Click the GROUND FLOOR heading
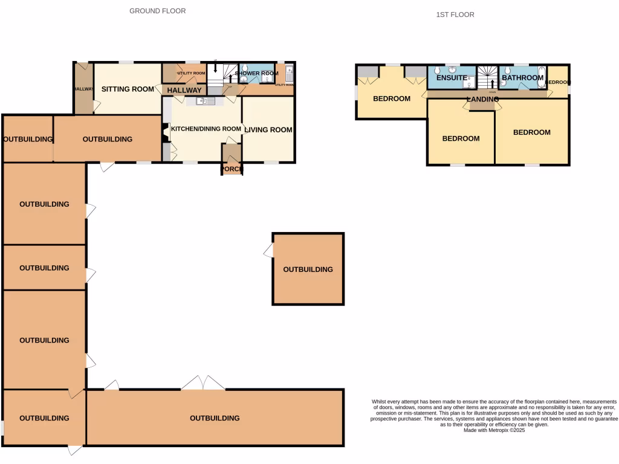[x=157, y=11]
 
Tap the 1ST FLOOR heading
[x=455, y=14]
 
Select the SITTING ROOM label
[x=128, y=89]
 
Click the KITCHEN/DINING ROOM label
[x=206, y=129]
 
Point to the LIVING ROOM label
[x=268, y=130]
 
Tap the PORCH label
[x=232, y=169]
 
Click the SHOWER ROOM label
[x=256, y=74]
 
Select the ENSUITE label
[x=452, y=78]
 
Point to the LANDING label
[x=482, y=99]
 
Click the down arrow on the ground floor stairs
[x=216, y=68]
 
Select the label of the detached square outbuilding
[x=308, y=269]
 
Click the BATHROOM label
[x=522, y=78]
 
